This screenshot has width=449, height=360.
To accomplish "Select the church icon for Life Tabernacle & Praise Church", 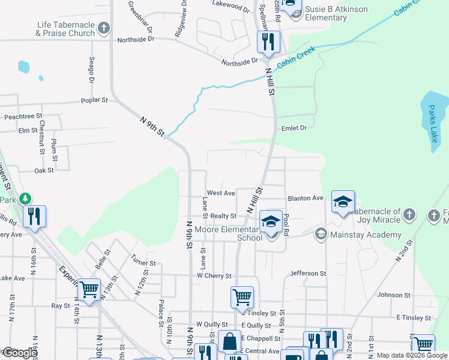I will click(x=104, y=28).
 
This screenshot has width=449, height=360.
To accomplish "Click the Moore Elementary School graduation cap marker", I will click(x=271, y=222).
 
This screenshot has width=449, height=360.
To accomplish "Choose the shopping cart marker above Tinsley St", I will click(x=242, y=296).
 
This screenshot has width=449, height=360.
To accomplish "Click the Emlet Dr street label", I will click(x=294, y=128).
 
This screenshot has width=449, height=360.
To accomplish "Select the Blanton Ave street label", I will click(x=306, y=198).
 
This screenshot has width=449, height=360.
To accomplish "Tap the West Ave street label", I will click(x=220, y=193).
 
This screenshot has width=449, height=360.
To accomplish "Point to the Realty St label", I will click(x=223, y=216).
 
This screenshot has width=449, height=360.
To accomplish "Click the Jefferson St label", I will click(x=308, y=273).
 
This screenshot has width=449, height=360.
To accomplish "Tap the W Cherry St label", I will click(x=214, y=275).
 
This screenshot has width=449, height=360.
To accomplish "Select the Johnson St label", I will click(x=393, y=295).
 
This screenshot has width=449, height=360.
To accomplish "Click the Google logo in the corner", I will click(x=19, y=353).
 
